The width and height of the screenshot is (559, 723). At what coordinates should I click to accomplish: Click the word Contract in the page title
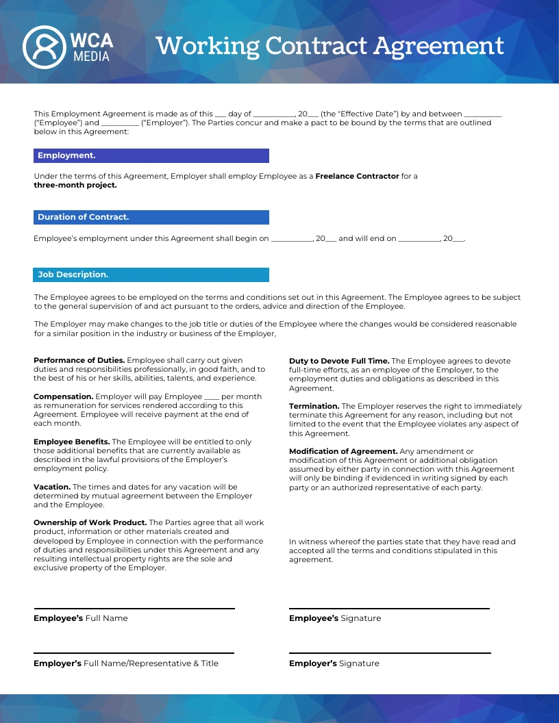pyautogui.click(x=315, y=46)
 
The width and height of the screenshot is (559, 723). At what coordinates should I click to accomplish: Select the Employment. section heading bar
pyautogui.click(x=151, y=155)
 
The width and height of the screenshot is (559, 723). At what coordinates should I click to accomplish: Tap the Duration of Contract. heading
pyautogui.click(x=151, y=217)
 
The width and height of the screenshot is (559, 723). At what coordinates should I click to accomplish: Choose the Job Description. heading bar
pyautogui.click(x=151, y=275)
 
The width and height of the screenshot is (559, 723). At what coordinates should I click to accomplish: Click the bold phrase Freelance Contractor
pyautogui.click(x=357, y=176)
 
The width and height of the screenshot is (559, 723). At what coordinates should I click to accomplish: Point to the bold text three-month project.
pyautogui.click(x=75, y=185)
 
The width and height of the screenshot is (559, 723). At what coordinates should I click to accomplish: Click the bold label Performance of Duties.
pyautogui.click(x=79, y=360)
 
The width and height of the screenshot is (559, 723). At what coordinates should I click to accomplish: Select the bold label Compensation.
pyautogui.click(x=63, y=396)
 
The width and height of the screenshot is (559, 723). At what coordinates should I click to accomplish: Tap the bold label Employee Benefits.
pyautogui.click(x=71, y=442)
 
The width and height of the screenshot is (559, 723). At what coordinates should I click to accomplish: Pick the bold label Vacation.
pyautogui.click(x=52, y=487)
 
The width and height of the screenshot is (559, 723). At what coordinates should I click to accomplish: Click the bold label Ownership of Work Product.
pyautogui.click(x=90, y=522)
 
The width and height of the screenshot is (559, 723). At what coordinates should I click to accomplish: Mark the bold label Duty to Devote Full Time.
pyautogui.click(x=339, y=361)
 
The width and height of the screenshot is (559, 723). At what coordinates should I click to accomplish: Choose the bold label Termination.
pyautogui.click(x=314, y=406)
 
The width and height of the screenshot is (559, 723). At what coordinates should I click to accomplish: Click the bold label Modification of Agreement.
pyautogui.click(x=343, y=451)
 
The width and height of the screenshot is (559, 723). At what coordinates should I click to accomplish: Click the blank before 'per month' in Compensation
pyautogui.click(x=212, y=398)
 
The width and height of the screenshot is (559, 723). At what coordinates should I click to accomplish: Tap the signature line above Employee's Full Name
pyautogui.click(x=134, y=608)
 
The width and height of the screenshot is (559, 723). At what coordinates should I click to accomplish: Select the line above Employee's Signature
pyautogui.click(x=389, y=608)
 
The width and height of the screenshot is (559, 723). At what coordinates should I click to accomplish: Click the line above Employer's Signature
pyautogui.click(x=390, y=653)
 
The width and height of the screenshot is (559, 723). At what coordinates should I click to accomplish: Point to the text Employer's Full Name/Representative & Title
pyautogui.click(x=126, y=663)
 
